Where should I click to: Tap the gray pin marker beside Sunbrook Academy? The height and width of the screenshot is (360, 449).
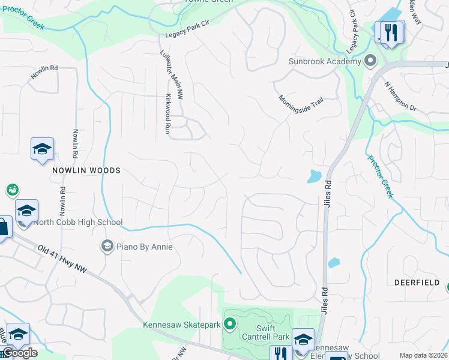370,61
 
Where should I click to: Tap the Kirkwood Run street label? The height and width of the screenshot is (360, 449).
169,113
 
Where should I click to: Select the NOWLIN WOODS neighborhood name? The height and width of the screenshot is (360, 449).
86,170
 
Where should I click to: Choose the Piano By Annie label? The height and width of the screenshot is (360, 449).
145,247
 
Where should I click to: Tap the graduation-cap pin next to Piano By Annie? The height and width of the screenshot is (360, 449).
107,245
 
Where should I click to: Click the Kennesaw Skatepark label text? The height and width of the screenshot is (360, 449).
181,325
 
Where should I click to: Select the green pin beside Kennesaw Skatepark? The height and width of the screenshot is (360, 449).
229,325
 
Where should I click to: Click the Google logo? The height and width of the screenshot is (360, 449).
20,353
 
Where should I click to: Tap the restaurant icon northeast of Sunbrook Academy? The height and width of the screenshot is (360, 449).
391,32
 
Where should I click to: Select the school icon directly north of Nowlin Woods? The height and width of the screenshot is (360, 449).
43,149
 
